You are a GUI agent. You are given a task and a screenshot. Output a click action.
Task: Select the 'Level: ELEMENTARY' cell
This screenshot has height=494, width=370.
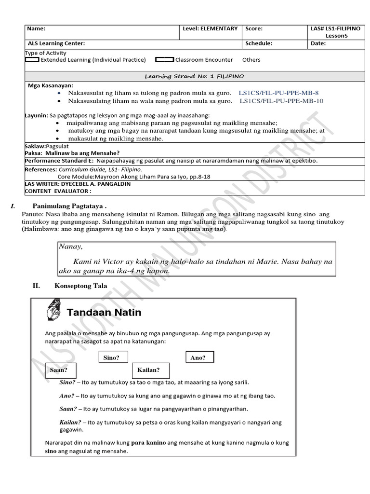point(210,29)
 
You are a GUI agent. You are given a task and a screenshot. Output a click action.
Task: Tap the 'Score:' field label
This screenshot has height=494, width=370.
point(254,29)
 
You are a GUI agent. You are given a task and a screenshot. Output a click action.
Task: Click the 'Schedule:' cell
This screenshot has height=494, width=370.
point(259,43)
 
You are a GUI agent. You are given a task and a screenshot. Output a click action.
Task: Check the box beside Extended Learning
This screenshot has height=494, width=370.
point(32,60)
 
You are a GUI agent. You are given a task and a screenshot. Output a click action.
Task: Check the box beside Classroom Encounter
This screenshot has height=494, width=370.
point(165,60)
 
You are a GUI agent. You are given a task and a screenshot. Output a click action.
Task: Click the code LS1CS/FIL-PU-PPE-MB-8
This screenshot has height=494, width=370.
point(278,92)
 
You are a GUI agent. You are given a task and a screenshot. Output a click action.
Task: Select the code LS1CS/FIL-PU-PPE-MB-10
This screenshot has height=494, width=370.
point(281,101)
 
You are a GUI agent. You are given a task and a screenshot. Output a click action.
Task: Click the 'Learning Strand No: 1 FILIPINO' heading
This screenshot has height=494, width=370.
point(195,76)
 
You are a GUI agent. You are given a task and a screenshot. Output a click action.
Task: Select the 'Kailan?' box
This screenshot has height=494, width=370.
point(148,370)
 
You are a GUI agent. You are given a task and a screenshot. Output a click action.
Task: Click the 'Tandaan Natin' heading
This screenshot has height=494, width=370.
point(104,313)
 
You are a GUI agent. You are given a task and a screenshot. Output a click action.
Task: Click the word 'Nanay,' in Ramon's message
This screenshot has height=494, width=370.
point(71,247)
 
